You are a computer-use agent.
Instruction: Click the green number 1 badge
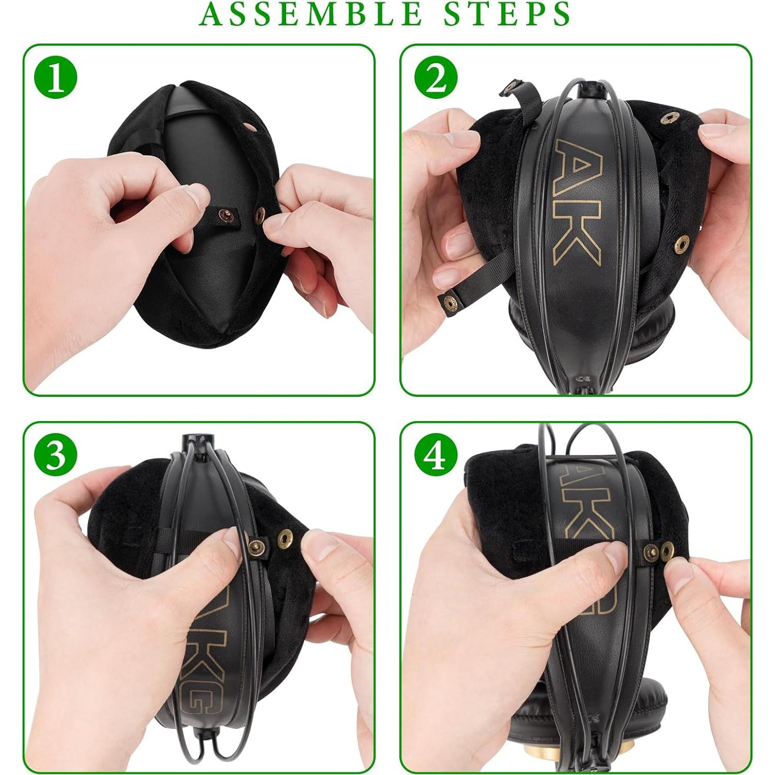tap(56, 79)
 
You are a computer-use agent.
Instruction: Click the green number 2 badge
tap(436, 79)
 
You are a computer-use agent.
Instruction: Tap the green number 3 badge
tap(56, 455)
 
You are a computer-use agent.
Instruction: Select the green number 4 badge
tap(436, 455)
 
